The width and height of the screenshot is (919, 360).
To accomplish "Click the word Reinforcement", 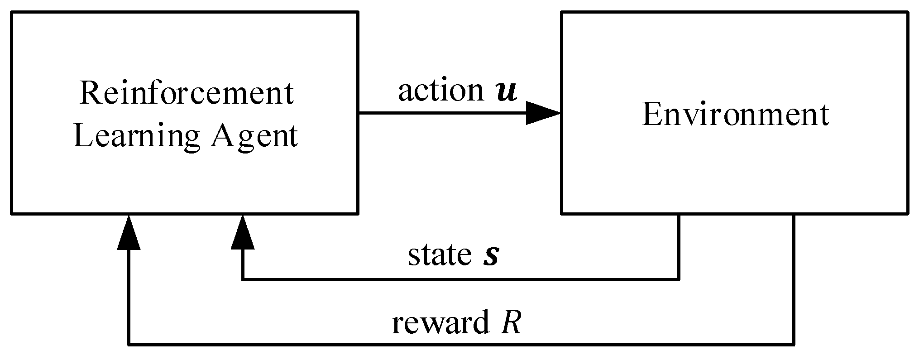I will pyautogui.click(x=187, y=93).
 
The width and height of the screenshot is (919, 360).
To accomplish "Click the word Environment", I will pyautogui.click(x=736, y=115).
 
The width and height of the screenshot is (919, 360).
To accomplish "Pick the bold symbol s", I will pyautogui.click(x=491, y=256).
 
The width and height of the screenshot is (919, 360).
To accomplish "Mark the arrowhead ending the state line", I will pyautogui.click(x=243, y=232).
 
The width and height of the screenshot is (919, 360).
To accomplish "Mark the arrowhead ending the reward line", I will pyautogui.click(x=129, y=232).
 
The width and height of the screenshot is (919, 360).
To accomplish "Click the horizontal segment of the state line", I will pyautogui.click(x=453, y=279).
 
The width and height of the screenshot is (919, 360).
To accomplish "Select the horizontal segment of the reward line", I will pyautogui.click(x=453, y=345).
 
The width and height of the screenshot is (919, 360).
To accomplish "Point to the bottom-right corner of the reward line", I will pyautogui.click(x=794, y=345).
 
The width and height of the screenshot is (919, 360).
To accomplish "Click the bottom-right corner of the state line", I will pyautogui.click(x=679, y=279).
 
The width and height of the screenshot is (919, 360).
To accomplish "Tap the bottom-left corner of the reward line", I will pyautogui.click(x=129, y=345).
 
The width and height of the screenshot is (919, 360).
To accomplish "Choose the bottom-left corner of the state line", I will pyautogui.click(x=243, y=279).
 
